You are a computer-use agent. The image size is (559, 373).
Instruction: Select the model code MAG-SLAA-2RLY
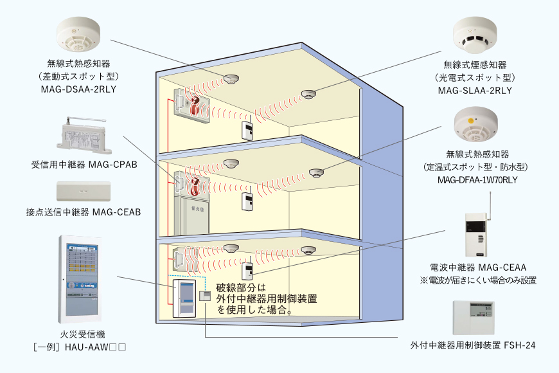click(x=475, y=90)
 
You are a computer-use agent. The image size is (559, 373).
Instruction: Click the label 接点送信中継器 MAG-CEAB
click(x=84, y=212)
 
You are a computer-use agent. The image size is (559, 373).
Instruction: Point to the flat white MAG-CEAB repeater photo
click(x=84, y=192)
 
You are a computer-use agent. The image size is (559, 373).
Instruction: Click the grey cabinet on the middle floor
click(x=190, y=218)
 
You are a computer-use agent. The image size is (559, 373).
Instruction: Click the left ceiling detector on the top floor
click(x=231, y=79)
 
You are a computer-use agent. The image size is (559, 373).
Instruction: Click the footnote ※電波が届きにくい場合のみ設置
click(x=478, y=280)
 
